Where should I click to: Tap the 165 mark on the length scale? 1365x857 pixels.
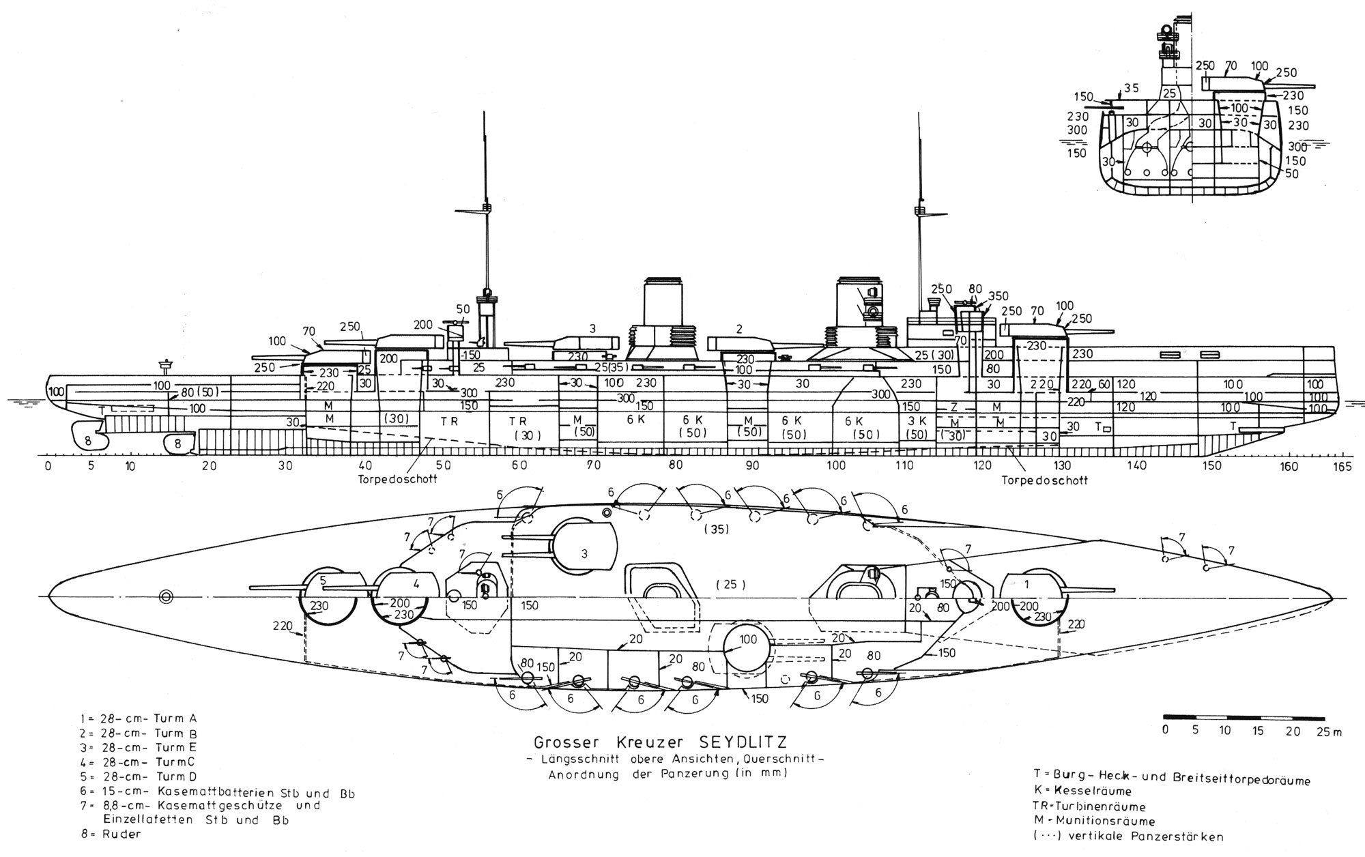click(1342, 466)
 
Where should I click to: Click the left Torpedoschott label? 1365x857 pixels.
click(397, 478)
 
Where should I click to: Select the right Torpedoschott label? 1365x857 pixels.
click(1044, 480)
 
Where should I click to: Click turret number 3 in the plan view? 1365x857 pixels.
click(584, 553)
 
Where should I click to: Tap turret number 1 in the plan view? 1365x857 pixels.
click(1026, 584)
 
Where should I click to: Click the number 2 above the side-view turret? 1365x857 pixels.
click(738, 329)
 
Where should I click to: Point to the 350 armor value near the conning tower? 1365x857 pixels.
click(998, 295)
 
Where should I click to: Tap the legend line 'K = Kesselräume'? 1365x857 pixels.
click(1082, 791)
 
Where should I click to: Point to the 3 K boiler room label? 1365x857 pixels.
click(917, 420)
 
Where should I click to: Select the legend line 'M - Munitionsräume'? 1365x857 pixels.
click(1087, 821)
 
